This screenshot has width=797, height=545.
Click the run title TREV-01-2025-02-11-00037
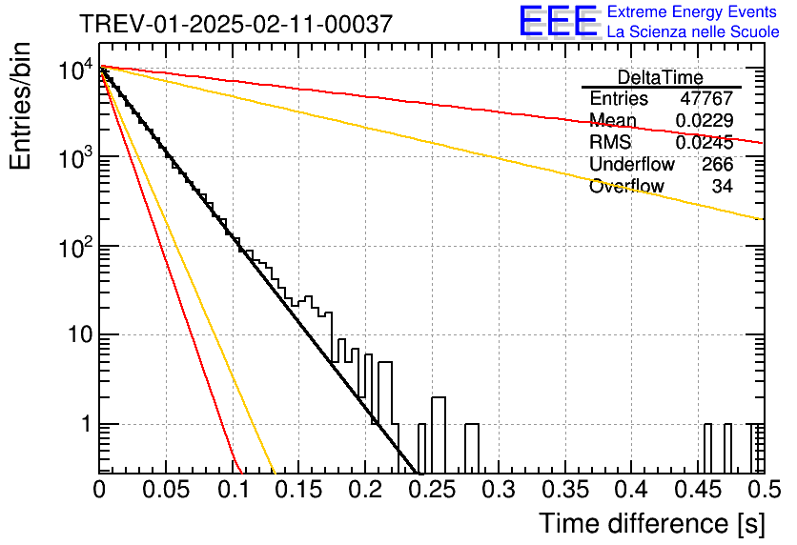tap(235, 24)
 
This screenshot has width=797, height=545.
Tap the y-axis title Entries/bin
tap(20, 107)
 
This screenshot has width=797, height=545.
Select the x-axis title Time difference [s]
tap(652, 524)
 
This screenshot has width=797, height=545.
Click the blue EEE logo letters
tap(559, 21)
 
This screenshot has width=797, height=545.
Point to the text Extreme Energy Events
tap(692, 11)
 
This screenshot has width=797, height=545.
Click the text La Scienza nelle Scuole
tap(693, 32)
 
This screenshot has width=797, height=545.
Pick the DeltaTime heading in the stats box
tap(661, 77)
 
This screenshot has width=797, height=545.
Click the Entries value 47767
tap(706, 98)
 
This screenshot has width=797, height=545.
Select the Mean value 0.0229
tap(705, 120)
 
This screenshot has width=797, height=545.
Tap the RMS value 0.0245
tap(705, 143)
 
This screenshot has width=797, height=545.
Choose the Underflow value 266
tap(718, 165)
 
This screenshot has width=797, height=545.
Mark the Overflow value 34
tap(723, 187)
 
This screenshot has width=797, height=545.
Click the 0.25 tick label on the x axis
tap(433, 490)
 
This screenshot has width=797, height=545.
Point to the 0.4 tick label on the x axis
tap(632, 490)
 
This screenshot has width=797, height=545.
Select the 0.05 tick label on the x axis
tap(166, 490)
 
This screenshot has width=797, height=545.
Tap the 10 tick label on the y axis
tap(80, 334)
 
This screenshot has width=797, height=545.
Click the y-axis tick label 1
tap(87, 424)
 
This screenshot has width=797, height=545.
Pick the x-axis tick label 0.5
tap(765, 490)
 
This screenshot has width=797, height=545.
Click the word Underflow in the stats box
tap(632, 165)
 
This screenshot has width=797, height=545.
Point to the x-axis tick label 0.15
tap(299, 490)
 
